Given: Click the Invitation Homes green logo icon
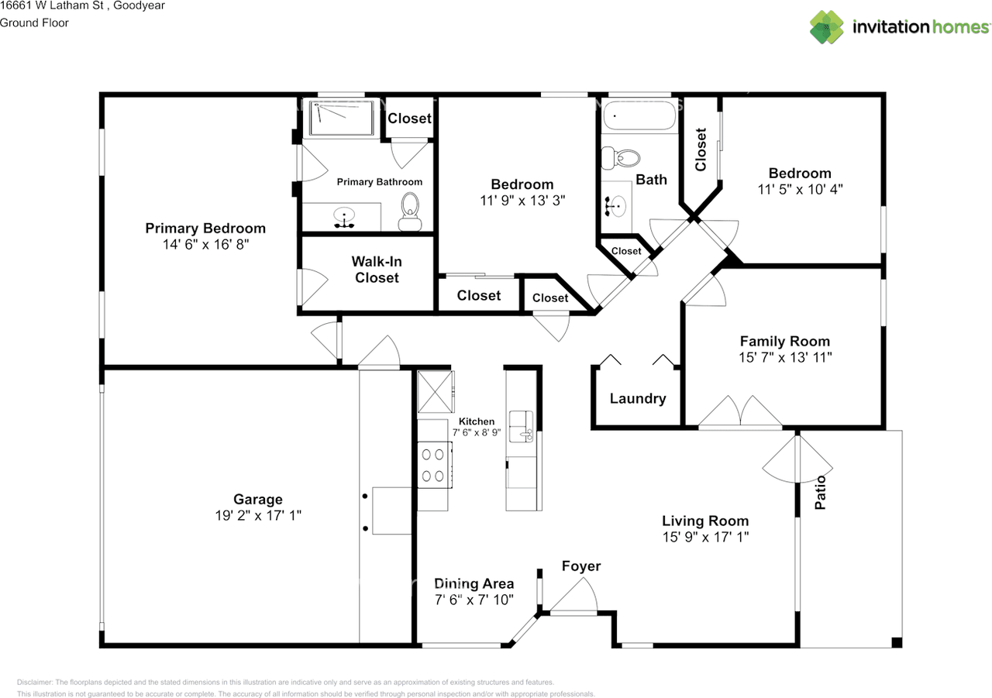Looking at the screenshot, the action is (826, 27).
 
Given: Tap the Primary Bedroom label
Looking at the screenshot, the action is (205, 229).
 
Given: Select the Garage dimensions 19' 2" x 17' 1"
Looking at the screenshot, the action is (258, 516).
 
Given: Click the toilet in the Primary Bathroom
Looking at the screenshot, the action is (410, 211).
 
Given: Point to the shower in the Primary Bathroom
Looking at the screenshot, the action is (342, 118).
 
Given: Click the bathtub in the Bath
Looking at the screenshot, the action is (640, 115).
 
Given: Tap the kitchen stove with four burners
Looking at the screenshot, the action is (435, 465).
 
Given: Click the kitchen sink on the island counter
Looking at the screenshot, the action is (522, 426).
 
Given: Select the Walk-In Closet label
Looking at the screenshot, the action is (377, 270).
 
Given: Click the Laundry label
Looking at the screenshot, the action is (638, 398).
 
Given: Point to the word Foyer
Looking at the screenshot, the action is (581, 566).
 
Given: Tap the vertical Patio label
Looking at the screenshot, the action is (820, 492).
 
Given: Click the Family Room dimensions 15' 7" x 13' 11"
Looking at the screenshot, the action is (785, 358).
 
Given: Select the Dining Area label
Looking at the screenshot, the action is (474, 584).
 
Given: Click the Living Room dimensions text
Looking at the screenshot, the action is (705, 537).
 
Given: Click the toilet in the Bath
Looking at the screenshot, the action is (621, 158).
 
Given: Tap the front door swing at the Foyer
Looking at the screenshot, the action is (574, 595).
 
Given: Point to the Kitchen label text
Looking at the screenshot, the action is (477, 421).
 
